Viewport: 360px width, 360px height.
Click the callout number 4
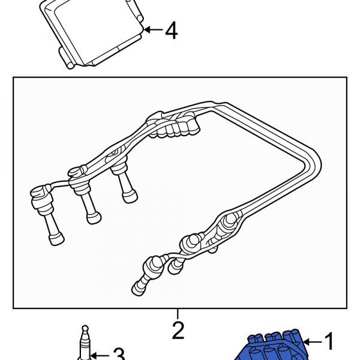(171, 31)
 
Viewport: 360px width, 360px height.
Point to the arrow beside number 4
(152, 29)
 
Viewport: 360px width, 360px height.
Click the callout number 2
(178, 331)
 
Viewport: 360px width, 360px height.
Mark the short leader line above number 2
(178, 314)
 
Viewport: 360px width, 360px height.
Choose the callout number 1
(328, 342)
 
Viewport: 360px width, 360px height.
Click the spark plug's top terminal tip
(85, 329)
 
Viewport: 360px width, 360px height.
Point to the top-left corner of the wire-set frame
(14, 77)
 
